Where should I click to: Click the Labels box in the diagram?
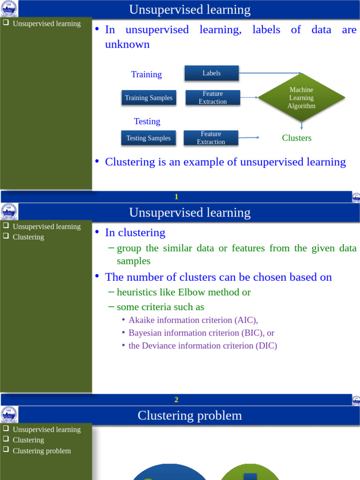[x=211, y=73]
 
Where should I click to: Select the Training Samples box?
[x=149, y=98]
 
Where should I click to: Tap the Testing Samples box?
[x=148, y=138]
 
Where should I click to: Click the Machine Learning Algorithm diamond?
[x=301, y=98]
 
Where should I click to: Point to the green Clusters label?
[x=296, y=138]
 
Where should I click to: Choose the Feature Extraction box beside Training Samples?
[x=212, y=98]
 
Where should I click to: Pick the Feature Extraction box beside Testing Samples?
[x=211, y=138]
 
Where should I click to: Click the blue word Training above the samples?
[x=146, y=75]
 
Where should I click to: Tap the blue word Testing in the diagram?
[x=147, y=121]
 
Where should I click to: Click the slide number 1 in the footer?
[x=176, y=197]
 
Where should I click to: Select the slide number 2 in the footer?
[x=176, y=400]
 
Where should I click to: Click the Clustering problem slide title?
[x=190, y=415]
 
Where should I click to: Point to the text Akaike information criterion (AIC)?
[x=193, y=320]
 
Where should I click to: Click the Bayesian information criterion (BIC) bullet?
[x=201, y=333]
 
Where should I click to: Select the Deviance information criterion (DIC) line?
[x=202, y=346]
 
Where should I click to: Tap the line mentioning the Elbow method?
[x=183, y=292]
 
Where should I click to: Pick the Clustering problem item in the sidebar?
[x=42, y=451]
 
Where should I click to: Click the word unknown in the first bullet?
[x=127, y=45]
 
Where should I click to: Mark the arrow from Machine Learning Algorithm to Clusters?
[x=301, y=125]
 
